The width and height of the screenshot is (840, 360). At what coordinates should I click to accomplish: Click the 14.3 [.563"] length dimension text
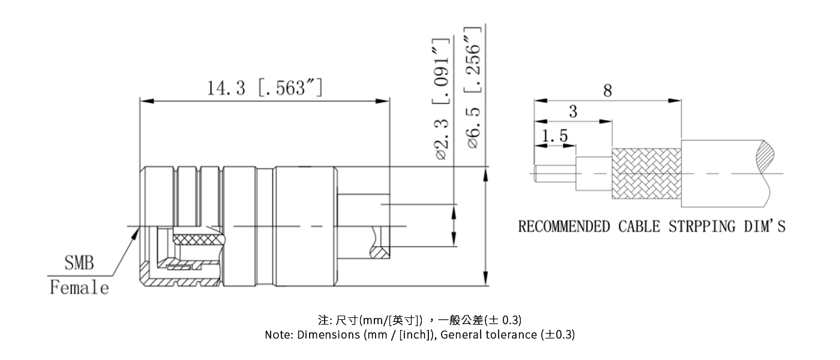coord(265,88)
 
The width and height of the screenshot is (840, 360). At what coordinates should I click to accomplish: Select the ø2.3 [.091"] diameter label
coord(442,100)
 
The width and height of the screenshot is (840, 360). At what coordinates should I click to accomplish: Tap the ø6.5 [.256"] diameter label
coord(475,88)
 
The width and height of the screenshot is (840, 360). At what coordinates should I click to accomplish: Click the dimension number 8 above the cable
coord(608,91)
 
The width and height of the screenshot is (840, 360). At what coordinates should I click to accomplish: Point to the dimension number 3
coord(573,112)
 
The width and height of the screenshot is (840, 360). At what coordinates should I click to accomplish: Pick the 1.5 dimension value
coord(554,137)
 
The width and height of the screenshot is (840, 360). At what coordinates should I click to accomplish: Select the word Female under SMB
coord(79,288)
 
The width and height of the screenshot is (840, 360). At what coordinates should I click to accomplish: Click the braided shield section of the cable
coord(646,174)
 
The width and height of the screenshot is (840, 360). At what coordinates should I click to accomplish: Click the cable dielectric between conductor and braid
coord(593,174)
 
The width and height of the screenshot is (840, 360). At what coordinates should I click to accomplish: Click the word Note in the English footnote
coord(279,335)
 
